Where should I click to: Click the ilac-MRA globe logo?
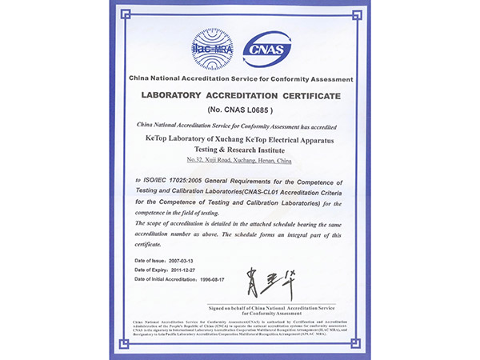[210, 47]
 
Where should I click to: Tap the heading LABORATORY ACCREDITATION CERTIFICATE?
[241, 96]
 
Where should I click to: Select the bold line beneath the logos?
[241, 81]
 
